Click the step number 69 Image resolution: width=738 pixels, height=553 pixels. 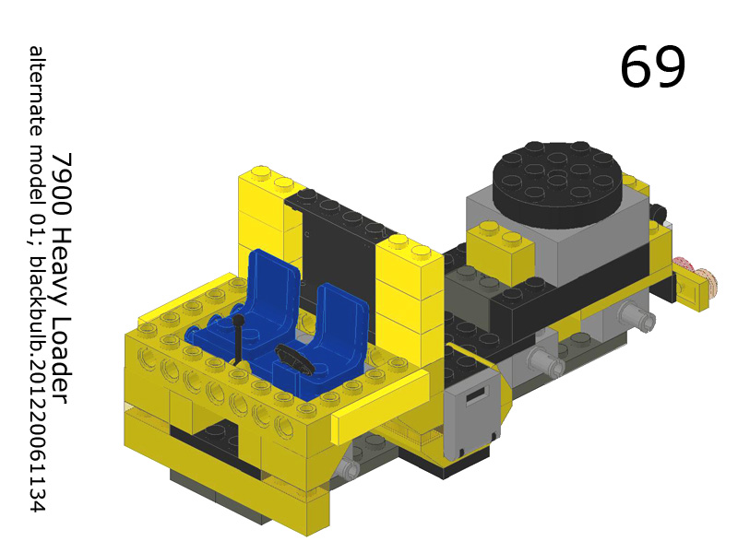coord(652,66)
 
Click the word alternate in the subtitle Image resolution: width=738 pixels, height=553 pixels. coord(37,91)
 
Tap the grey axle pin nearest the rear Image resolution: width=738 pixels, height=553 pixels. coord(638,319)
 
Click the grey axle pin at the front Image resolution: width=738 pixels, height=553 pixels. coord(348,469)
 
